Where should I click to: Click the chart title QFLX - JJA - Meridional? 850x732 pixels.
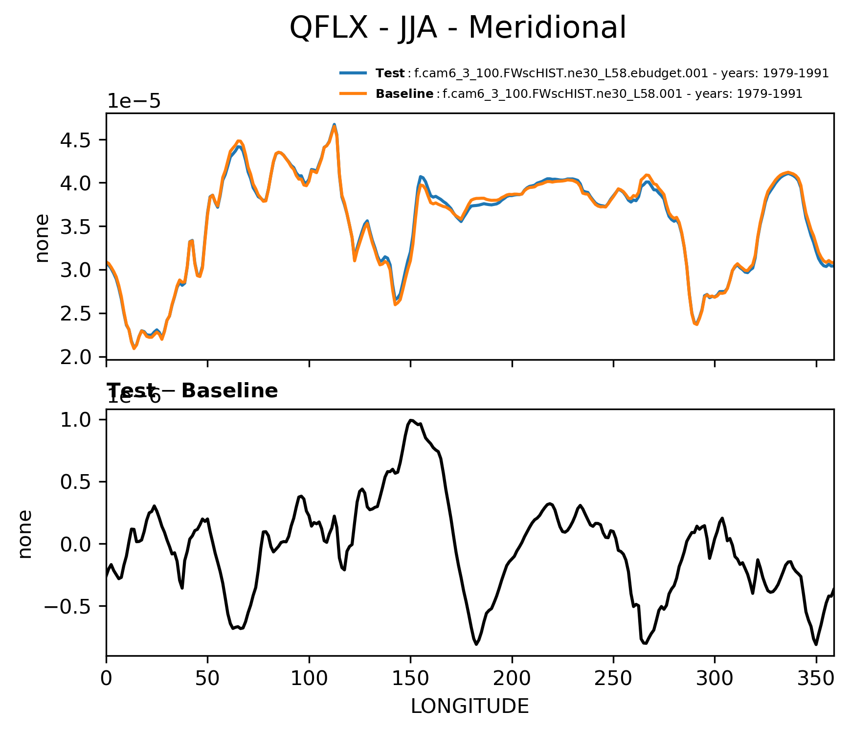click(457, 27)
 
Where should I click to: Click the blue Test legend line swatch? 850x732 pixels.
click(353, 73)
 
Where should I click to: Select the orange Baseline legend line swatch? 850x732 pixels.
click(353, 93)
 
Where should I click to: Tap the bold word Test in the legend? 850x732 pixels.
click(390, 73)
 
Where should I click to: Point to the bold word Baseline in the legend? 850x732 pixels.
click(404, 93)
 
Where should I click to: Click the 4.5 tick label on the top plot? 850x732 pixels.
click(76, 140)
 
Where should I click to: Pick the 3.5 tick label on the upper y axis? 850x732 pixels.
click(76, 227)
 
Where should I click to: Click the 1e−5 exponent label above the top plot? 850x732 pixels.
click(134, 101)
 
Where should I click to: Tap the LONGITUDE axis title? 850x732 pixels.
click(470, 706)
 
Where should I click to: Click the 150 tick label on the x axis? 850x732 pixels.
click(410, 678)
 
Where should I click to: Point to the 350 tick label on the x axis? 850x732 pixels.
click(816, 678)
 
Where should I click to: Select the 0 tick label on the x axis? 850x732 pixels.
click(106, 678)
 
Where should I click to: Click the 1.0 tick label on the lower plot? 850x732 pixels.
click(76, 420)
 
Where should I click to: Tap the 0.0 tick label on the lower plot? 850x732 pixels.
click(76, 545)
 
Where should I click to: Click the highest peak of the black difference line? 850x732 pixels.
click(411, 420)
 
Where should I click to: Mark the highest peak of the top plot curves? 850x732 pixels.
click(334, 125)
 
